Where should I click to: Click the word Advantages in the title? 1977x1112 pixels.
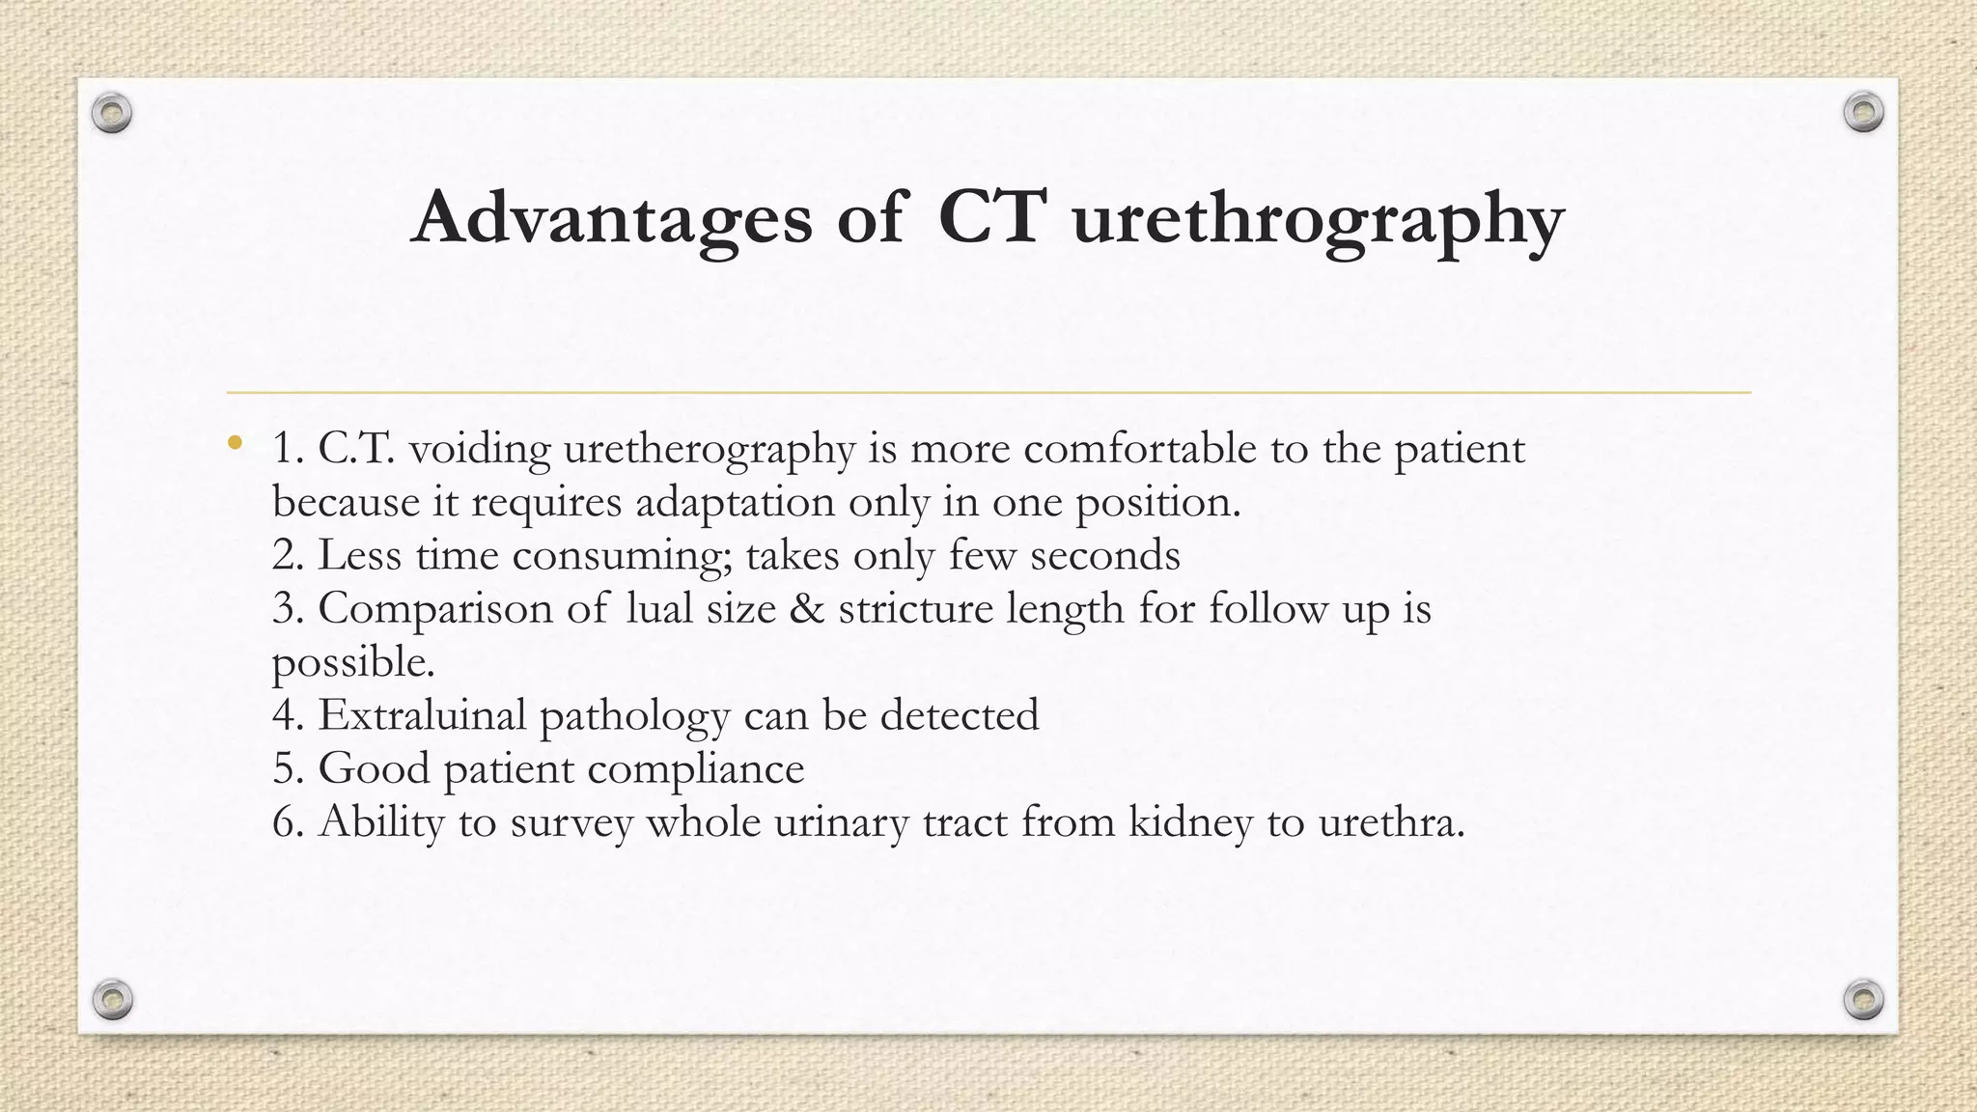[611, 218]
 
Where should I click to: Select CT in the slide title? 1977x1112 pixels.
[991, 216]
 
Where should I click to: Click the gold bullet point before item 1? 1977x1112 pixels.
[234, 444]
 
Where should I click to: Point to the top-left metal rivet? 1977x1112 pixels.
[112, 113]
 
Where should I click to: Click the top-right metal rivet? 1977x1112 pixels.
[1863, 113]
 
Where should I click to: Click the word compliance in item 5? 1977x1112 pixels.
[695, 769]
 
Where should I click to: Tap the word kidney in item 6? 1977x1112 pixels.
[1190, 822]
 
